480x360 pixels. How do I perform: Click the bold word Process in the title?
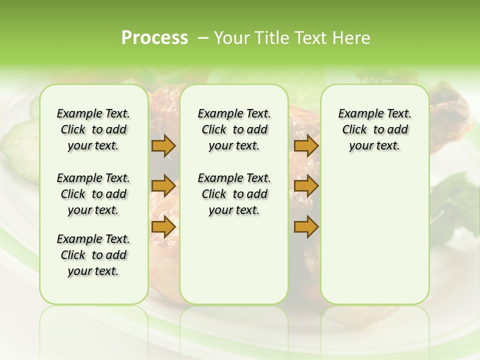coord(154,38)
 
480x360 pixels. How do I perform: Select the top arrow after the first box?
coord(163,146)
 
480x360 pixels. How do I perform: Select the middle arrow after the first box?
coord(163,186)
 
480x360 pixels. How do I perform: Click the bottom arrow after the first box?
coord(163,227)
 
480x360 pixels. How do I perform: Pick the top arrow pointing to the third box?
coord(306,146)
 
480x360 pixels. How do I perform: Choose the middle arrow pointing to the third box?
coord(306,186)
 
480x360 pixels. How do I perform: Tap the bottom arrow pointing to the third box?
coord(306,227)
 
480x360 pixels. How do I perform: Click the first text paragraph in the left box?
coord(93,130)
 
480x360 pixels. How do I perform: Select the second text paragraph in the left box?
coord(93,194)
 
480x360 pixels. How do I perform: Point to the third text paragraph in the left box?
coord(93,255)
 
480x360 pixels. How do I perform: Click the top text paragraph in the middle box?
coord(234,130)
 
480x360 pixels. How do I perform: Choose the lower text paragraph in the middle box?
coord(234,194)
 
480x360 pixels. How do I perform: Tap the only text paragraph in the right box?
coord(374,130)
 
